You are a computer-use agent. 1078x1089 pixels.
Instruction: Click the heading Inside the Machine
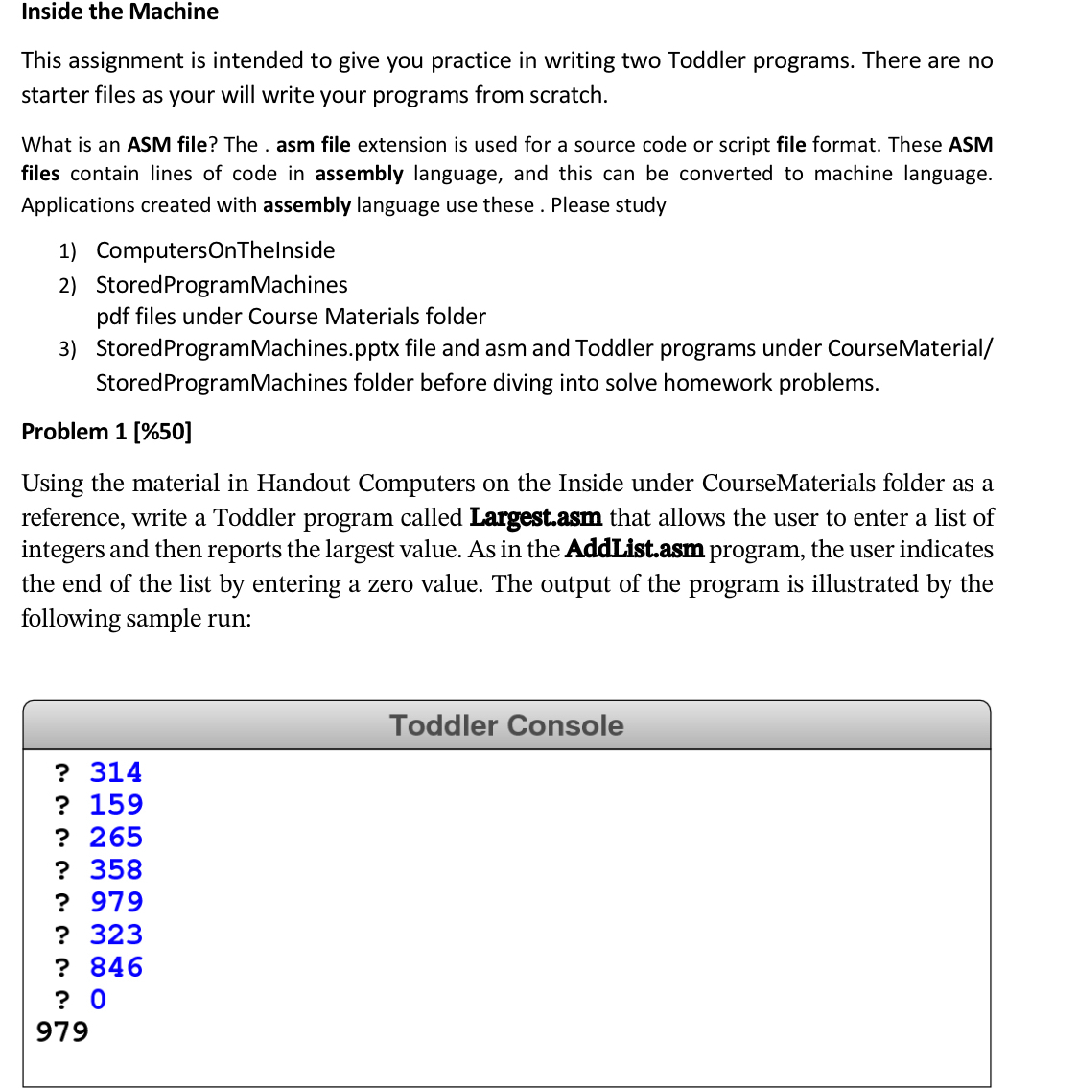(x=120, y=12)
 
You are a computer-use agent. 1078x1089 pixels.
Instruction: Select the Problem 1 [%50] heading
(x=106, y=432)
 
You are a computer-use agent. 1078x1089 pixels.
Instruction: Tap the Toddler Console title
(x=506, y=725)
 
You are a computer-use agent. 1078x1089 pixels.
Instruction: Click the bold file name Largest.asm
(x=535, y=518)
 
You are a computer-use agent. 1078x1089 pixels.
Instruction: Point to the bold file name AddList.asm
(x=634, y=550)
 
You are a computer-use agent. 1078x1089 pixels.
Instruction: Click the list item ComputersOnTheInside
(x=215, y=250)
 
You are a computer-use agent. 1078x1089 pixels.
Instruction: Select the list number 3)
(x=67, y=349)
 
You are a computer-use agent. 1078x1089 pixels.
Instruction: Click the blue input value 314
(x=116, y=772)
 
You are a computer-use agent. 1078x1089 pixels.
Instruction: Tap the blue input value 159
(x=116, y=805)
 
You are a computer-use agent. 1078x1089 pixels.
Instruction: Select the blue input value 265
(x=116, y=838)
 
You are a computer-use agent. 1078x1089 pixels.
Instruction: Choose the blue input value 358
(x=116, y=869)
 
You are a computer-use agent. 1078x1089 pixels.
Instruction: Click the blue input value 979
(x=116, y=902)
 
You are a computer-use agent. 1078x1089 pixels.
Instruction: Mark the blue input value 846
(x=116, y=967)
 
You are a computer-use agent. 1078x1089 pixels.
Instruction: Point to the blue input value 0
(x=98, y=1000)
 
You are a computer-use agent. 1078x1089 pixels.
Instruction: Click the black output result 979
(x=62, y=1031)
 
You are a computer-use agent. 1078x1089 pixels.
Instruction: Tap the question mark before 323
(x=62, y=935)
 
